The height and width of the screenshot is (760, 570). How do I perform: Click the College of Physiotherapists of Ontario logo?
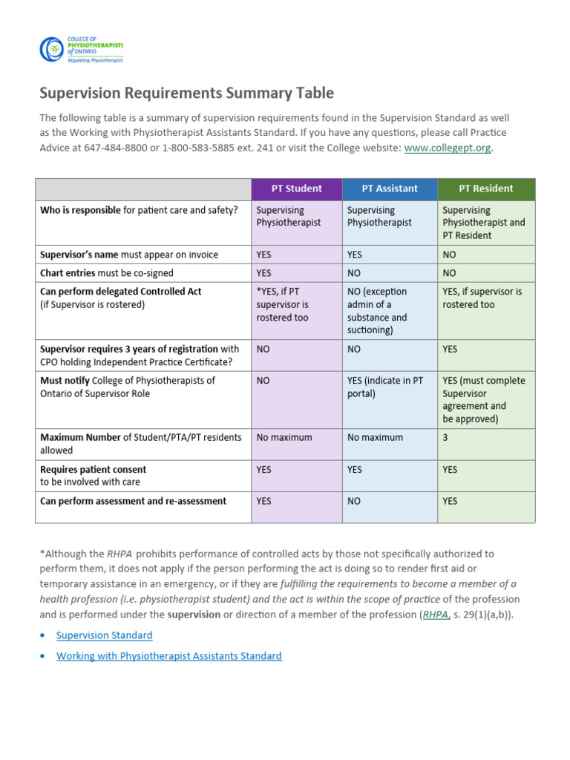(x=81, y=50)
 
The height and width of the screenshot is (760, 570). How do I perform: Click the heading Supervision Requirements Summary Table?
(x=186, y=93)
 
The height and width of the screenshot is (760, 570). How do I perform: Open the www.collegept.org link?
(x=447, y=148)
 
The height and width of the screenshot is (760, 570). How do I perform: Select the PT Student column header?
(x=296, y=189)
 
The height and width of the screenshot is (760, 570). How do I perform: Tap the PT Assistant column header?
(x=390, y=189)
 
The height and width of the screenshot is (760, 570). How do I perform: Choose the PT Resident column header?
(x=485, y=189)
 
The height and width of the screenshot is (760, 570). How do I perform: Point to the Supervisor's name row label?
(x=128, y=255)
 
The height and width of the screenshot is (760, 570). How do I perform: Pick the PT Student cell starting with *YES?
(x=283, y=304)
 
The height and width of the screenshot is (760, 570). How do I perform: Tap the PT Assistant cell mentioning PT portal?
(x=385, y=387)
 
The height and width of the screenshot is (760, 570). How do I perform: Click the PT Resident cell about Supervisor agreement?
(x=483, y=399)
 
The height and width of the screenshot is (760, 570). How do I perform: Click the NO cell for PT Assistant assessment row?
(x=354, y=502)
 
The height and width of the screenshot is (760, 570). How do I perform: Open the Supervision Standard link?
(x=105, y=635)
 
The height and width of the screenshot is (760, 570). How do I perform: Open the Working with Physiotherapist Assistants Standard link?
(x=169, y=656)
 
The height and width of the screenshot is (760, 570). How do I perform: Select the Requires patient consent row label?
(x=93, y=470)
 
